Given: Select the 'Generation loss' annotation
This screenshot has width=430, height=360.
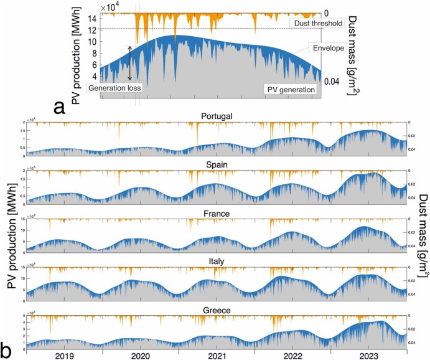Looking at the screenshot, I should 115,88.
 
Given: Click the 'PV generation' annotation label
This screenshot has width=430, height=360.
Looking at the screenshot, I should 291,89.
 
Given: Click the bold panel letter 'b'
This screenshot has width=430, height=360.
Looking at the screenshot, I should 7,346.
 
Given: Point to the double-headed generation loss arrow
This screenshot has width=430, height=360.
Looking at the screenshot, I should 130,63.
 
